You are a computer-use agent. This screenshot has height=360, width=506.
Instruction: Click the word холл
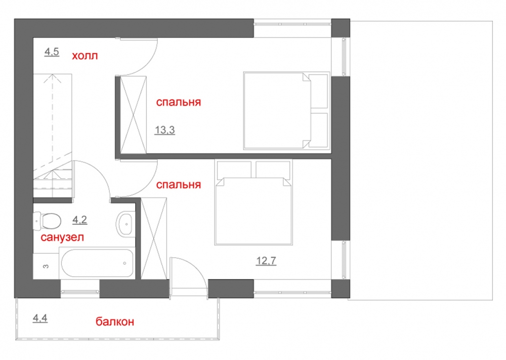click(x=85, y=56)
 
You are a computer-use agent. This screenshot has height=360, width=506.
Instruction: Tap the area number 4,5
click(x=52, y=52)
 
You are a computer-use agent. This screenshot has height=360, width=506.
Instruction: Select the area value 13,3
click(x=164, y=130)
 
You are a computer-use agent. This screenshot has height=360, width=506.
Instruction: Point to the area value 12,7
click(x=266, y=261)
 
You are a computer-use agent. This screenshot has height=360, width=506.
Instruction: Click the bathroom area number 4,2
click(x=80, y=220)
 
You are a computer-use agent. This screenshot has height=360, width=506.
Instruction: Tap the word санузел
click(x=62, y=237)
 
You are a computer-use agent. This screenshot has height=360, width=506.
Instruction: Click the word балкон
click(x=114, y=322)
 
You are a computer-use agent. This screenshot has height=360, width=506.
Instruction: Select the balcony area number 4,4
click(x=40, y=318)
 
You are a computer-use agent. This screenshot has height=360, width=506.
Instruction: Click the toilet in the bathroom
click(x=47, y=221)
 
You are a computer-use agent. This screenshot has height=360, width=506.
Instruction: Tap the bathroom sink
click(x=124, y=224)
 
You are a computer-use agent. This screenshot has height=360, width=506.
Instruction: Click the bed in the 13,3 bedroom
click(x=286, y=110)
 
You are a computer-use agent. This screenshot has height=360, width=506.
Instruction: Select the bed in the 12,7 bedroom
click(x=254, y=202)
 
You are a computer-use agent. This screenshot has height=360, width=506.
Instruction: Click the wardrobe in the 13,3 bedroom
click(x=133, y=115)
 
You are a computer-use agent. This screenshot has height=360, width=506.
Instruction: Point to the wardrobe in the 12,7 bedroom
click(x=154, y=238)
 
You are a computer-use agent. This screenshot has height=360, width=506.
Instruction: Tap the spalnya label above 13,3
click(x=179, y=102)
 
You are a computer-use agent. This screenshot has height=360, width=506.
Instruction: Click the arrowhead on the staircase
click(x=52, y=78)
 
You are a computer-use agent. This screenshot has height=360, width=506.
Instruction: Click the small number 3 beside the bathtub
click(x=46, y=266)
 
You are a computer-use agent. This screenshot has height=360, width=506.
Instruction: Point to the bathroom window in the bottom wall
click(x=80, y=292)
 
